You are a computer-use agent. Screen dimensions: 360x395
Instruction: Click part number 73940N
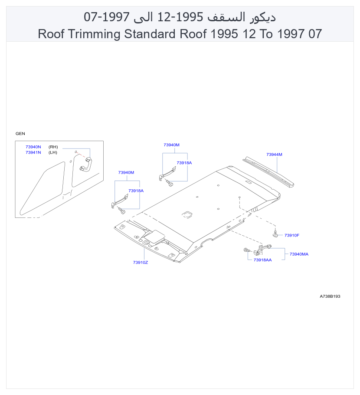33,147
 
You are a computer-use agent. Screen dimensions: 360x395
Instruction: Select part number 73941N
33,152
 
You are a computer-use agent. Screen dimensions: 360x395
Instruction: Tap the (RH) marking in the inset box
53,147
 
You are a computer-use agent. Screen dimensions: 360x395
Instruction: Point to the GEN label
20,134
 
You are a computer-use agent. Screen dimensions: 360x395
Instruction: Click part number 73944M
274,155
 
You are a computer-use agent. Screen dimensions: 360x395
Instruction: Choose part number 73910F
292,235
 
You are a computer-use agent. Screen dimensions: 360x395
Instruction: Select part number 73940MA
299,254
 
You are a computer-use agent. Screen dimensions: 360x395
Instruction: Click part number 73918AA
262,260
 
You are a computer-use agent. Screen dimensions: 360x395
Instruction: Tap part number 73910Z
141,263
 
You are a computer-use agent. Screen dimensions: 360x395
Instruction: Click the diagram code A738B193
330,296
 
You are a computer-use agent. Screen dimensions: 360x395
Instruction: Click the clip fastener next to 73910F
275,234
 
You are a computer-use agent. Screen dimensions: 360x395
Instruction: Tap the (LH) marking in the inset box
53,152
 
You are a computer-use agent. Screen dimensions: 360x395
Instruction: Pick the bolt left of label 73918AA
247,250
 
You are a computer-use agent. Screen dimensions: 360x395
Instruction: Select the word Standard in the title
150,34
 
